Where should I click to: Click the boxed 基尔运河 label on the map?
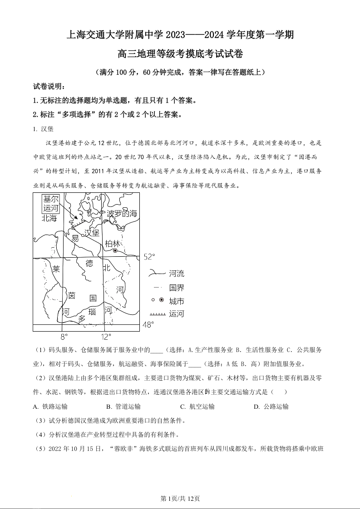coord(51,204)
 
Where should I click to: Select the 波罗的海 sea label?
coord(122,214)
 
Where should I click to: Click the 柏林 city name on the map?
coord(112,243)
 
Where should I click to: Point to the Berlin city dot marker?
coord(115,250)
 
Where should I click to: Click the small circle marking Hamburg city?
coord(83,235)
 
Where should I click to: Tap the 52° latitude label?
coord(149,257)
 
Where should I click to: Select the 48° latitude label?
coord(149,324)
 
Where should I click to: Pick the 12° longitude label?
coord(105,337)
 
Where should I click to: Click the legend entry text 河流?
coord(177,274)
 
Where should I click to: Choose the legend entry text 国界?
coord(177,288)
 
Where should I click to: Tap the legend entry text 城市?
coord(177,301)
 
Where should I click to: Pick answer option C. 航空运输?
coord(197,406)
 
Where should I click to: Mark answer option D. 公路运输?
coord(271,406)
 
